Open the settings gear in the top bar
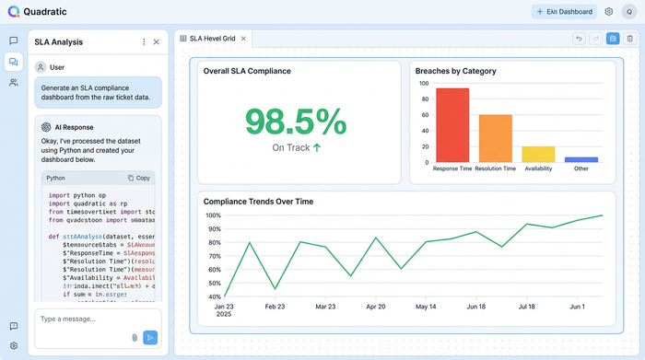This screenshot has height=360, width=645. (608, 12)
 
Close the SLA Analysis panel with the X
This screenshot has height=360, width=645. (157, 42)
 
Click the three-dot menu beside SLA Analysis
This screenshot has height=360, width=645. (144, 42)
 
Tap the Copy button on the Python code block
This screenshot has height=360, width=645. (139, 178)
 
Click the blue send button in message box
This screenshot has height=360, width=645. (151, 338)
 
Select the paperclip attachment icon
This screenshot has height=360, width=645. (135, 338)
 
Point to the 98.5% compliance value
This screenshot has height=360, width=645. (296, 122)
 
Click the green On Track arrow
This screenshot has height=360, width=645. (317, 147)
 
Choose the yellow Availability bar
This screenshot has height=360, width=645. (538, 154)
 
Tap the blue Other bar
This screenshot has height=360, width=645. (581, 159)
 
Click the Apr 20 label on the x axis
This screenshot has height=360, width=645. (375, 307)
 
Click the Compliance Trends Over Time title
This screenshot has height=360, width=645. (258, 202)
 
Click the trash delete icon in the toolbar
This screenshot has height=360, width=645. (629, 39)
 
